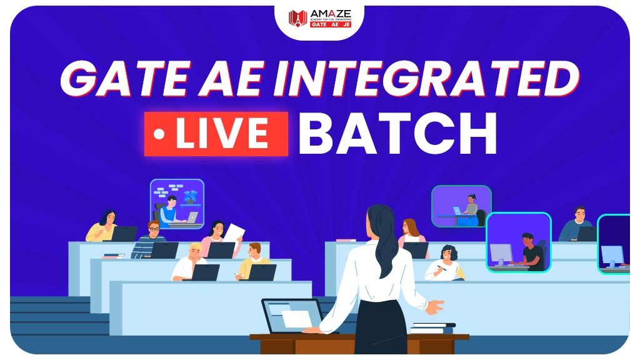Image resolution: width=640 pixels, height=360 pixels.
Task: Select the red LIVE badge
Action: pos(216,134)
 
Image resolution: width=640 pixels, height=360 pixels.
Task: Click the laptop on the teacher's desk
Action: pos(291,316)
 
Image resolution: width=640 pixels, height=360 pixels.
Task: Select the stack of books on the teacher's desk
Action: pos(433,328)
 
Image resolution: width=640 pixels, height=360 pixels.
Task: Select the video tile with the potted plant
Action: pos(177,203)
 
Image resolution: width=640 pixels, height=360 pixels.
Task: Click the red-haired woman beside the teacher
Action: pos(411,232)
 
